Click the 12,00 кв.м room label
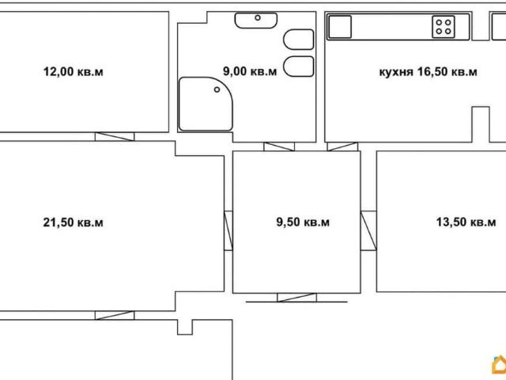tap(74, 71)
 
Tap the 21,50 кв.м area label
tap(74, 222)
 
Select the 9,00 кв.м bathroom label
tap(250, 71)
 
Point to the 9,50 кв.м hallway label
tap(303, 222)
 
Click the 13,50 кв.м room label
tap(466, 222)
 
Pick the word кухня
tap(396, 72)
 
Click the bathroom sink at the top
tap(256, 21)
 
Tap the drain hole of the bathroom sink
tap(258, 17)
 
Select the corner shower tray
tap(206, 104)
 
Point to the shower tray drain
tap(217, 89)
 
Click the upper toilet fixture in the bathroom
tap(299, 40)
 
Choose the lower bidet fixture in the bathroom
tap(299, 66)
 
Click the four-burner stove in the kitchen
tap(444, 27)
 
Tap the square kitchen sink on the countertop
tap(340, 27)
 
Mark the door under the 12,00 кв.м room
tap(115, 137)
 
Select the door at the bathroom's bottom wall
tap(279, 146)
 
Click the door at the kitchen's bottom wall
tap(342, 146)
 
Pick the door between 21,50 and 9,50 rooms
tap(228, 230)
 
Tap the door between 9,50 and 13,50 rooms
tap(368, 230)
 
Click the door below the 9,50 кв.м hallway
tap(297, 298)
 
